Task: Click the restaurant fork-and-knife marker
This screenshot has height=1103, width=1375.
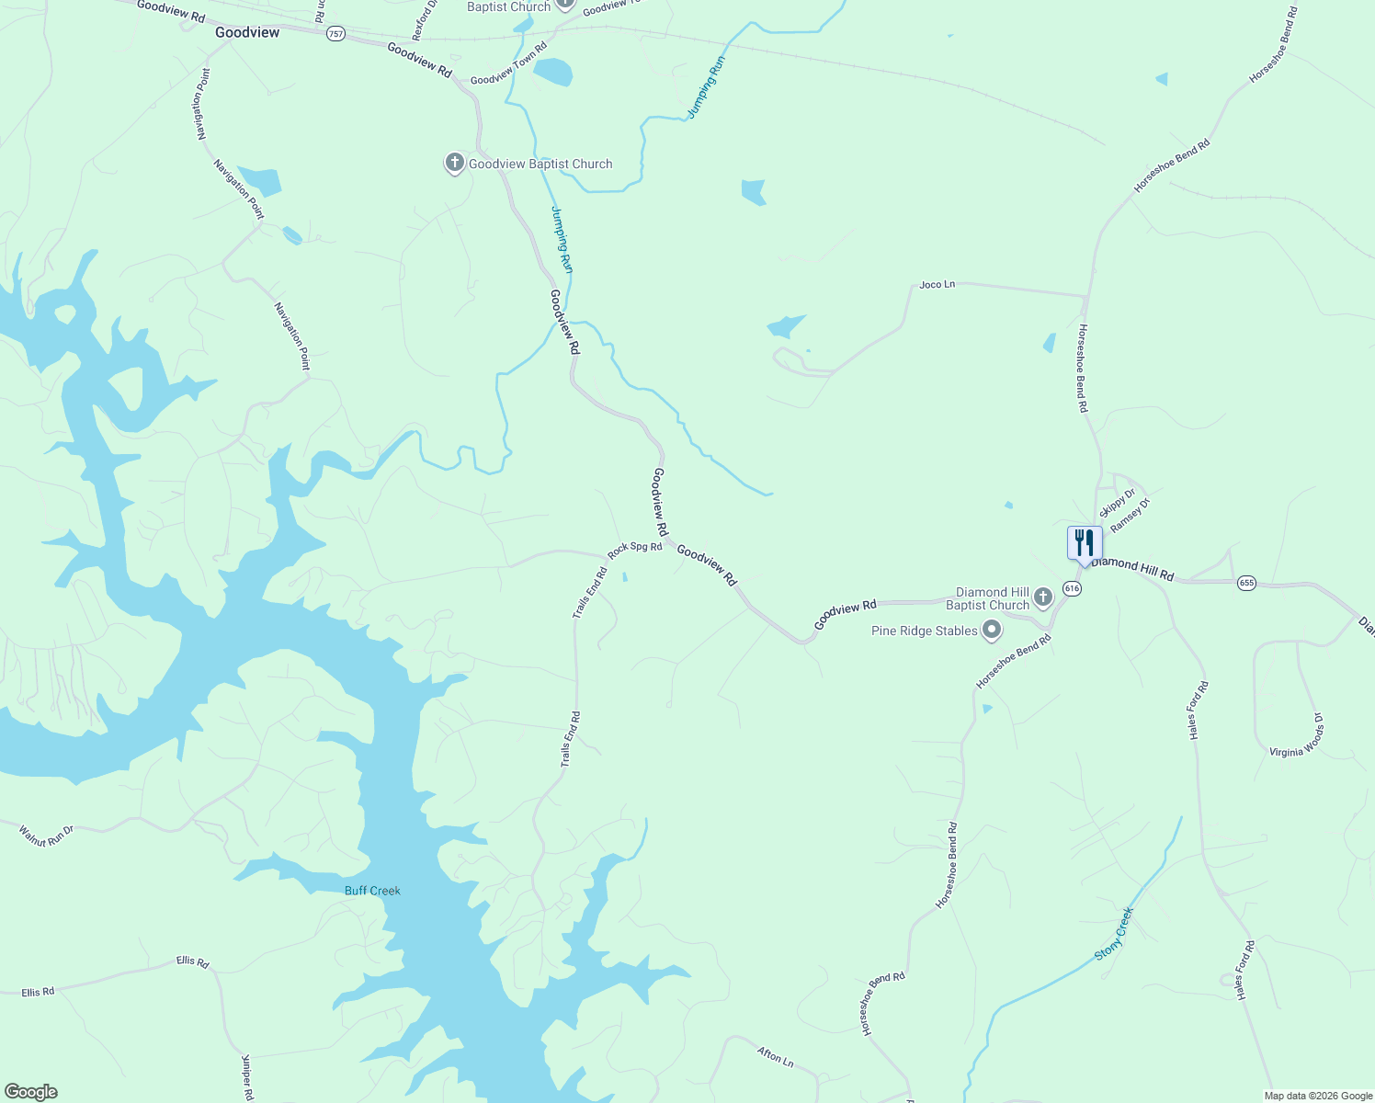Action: (1084, 542)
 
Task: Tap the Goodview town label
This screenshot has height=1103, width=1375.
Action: (247, 32)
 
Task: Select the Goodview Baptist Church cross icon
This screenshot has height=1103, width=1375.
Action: (454, 164)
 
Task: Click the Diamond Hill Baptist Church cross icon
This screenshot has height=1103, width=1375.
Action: (1042, 597)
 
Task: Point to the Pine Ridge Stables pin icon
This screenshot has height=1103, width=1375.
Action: (992, 631)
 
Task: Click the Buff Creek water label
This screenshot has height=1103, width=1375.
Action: (372, 891)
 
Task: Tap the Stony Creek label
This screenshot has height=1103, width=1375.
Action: (1114, 934)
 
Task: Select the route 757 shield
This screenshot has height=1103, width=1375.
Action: (335, 34)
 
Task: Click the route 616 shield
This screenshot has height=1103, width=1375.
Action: (1072, 588)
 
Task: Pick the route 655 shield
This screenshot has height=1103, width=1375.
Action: (1246, 583)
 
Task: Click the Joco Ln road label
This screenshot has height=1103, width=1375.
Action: (937, 285)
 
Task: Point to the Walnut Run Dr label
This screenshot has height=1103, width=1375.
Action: (46, 836)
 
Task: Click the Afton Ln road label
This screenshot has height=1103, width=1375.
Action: (775, 1056)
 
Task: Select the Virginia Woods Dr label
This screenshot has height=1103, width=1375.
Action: (1297, 740)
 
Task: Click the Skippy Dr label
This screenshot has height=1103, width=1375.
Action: (1117, 503)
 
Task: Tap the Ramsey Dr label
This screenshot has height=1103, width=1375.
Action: (1130, 516)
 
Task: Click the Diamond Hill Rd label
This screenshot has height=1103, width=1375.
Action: (1132, 569)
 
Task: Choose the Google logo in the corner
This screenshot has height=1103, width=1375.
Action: (29, 1092)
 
